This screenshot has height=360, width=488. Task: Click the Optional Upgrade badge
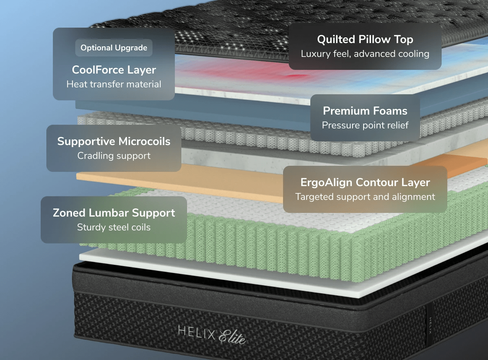pos(114,48)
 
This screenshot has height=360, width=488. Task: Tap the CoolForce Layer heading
pos(114,70)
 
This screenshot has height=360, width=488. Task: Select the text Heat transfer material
pos(114,85)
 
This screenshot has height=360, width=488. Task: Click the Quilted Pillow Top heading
pos(365,39)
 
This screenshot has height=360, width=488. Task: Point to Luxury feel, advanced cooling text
pos(365,54)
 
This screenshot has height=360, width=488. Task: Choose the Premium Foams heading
pos(365,111)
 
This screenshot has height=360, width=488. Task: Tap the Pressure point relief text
pos(365,125)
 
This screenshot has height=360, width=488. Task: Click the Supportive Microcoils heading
pos(114,141)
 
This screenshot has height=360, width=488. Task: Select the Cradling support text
pos(114,156)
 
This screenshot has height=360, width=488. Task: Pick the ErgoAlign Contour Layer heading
pos(365,182)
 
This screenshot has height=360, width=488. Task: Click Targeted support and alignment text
pos(365,197)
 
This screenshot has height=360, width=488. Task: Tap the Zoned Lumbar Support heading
pos(114,213)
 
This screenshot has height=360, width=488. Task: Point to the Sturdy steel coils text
pos(114,227)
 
